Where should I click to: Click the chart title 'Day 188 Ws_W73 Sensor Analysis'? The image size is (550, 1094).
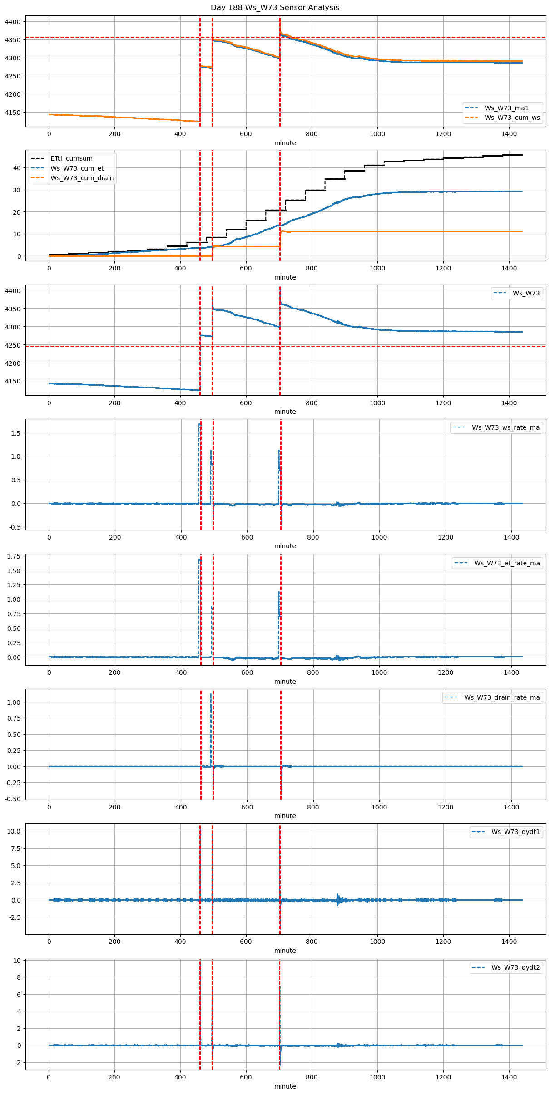(x=275, y=8)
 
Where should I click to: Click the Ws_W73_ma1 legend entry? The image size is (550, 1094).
(x=506, y=108)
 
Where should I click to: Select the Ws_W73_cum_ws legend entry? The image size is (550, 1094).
(x=512, y=118)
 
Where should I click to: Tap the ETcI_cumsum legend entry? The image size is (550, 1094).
(x=71, y=158)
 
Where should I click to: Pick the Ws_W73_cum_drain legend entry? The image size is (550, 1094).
(x=82, y=178)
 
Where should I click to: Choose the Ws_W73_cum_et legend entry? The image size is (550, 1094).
(x=77, y=168)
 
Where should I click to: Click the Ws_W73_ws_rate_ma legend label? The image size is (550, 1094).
(x=505, y=427)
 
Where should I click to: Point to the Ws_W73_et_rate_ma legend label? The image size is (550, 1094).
(x=507, y=563)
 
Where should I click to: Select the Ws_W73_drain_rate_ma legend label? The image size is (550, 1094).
(x=502, y=697)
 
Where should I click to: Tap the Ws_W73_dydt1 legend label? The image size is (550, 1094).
(x=515, y=832)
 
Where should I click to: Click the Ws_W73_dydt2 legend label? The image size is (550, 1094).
(x=515, y=967)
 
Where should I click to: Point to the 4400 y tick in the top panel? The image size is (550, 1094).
(x=13, y=22)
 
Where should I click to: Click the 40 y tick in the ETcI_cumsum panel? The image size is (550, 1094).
(x=17, y=168)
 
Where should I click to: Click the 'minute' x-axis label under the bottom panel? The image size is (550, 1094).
(x=285, y=1086)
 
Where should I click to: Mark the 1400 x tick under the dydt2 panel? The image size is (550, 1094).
(x=509, y=1078)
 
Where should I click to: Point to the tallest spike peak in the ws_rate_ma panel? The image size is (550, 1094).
(x=199, y=424)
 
